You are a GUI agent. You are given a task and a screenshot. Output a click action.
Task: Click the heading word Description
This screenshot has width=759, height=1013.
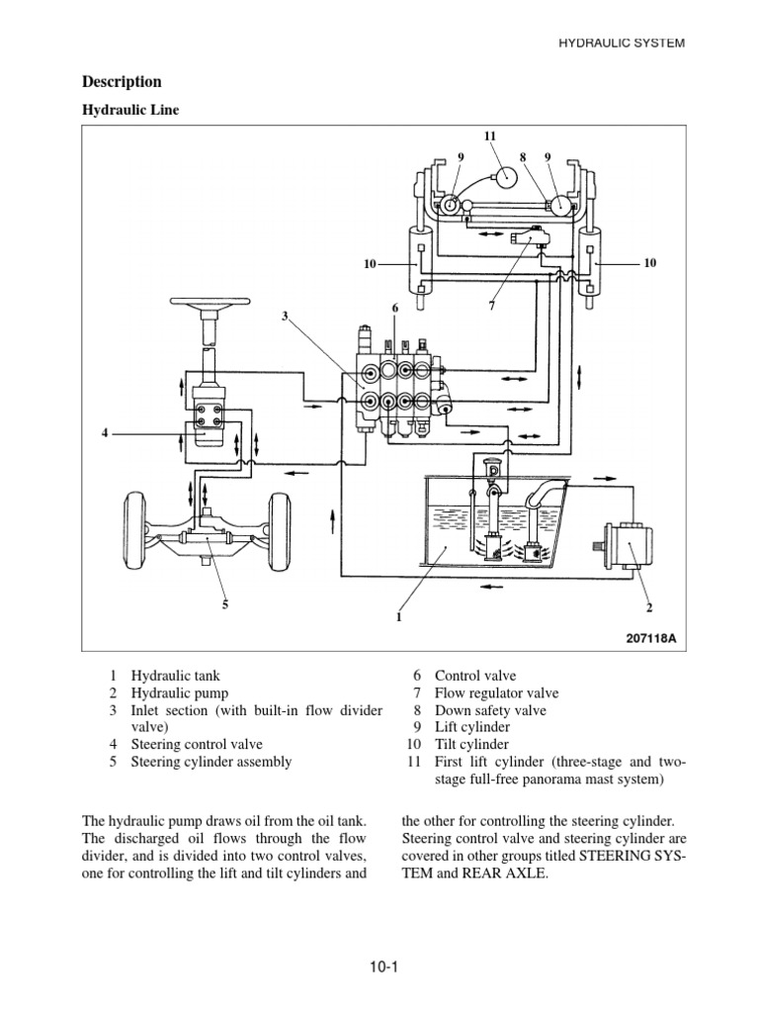(122, 82)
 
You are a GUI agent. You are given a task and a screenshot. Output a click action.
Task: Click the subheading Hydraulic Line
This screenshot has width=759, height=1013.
(129, 111)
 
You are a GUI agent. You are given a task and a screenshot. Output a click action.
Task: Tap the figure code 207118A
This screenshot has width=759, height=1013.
(651, 638)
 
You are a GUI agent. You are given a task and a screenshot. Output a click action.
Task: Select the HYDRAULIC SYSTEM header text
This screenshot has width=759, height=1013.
(622, 43)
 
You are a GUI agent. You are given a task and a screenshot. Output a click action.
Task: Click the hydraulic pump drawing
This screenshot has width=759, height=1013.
(625, 545)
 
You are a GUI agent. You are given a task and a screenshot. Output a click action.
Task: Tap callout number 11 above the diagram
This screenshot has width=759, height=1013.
(490, 135)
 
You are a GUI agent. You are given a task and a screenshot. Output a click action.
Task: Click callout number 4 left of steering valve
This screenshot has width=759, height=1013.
(104, 432)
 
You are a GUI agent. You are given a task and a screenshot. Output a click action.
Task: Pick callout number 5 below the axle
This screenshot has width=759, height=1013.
(224, 603)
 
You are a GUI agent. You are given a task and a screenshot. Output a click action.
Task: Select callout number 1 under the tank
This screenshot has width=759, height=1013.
(398, 616)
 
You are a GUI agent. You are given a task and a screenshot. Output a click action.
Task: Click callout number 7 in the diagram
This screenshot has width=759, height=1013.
(490, 307)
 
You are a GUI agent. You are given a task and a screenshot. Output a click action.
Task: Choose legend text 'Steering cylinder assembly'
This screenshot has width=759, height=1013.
(212, 762)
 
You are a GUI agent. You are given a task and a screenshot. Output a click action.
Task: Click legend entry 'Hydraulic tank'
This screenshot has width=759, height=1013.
(174, 676)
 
